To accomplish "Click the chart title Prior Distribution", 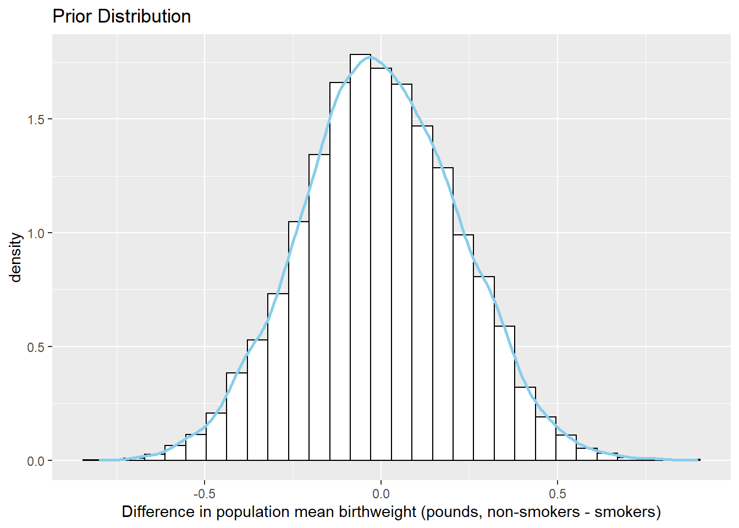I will click(x=122, y=16).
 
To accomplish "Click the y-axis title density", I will click(x=16, y=257).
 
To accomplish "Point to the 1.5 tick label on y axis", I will click(x=37, y=119).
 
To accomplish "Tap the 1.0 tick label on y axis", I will click(x=37, y=233).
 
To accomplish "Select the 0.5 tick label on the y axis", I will click(x=37, y=347).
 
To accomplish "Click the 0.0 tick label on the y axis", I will click(x=37, y=461).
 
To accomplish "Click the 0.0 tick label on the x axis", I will click(x=381, y=493).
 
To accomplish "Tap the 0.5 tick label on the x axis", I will click(x=558, y=493).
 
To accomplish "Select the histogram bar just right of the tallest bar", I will click(x=381, y=264).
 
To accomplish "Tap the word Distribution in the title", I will click(x=144, y=16).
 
